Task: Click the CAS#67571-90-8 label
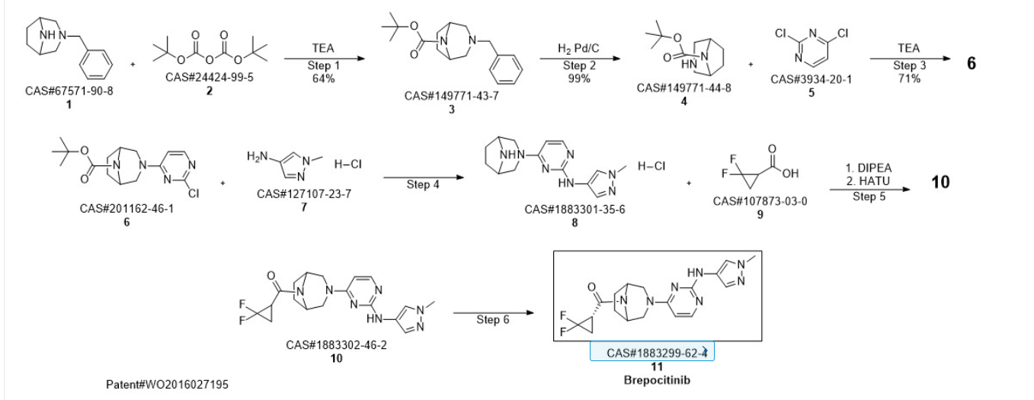click(69, 91)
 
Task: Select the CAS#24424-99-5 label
click(210, 77)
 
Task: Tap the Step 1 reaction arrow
click(324, 59)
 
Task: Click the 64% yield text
click(323, 78)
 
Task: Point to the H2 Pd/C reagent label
click(578, 49)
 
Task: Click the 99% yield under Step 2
click(579, 78)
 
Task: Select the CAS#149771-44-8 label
click(683, 88)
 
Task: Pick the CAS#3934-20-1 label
click(811, 79)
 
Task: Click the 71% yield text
click(909, 78)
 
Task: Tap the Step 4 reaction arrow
click(424, 178)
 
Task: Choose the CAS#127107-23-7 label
click(304, 194)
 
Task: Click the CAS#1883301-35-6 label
click(575, 210)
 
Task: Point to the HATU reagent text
click(868, 181)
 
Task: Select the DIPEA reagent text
click(869, 168)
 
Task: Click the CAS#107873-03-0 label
click(760, 201)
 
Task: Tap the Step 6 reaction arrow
click(494, 313)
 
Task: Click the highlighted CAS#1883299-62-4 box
click(652, 351)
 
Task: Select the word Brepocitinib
click(657, 380)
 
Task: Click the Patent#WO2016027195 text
click(167, 384)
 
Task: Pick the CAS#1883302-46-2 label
click(336, 345)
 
